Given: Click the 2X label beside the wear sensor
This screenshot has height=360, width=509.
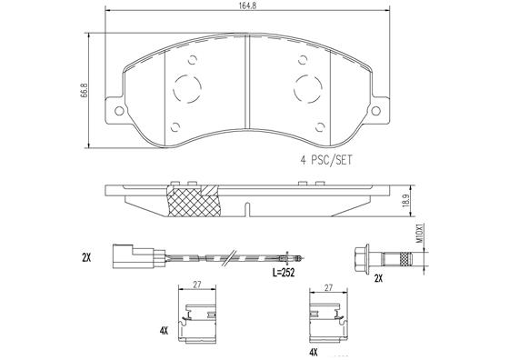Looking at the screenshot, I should pyautogui.click(x=86, y=257).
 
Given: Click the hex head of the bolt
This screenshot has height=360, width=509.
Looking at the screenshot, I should pyautogui.click(x=361, y=257).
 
